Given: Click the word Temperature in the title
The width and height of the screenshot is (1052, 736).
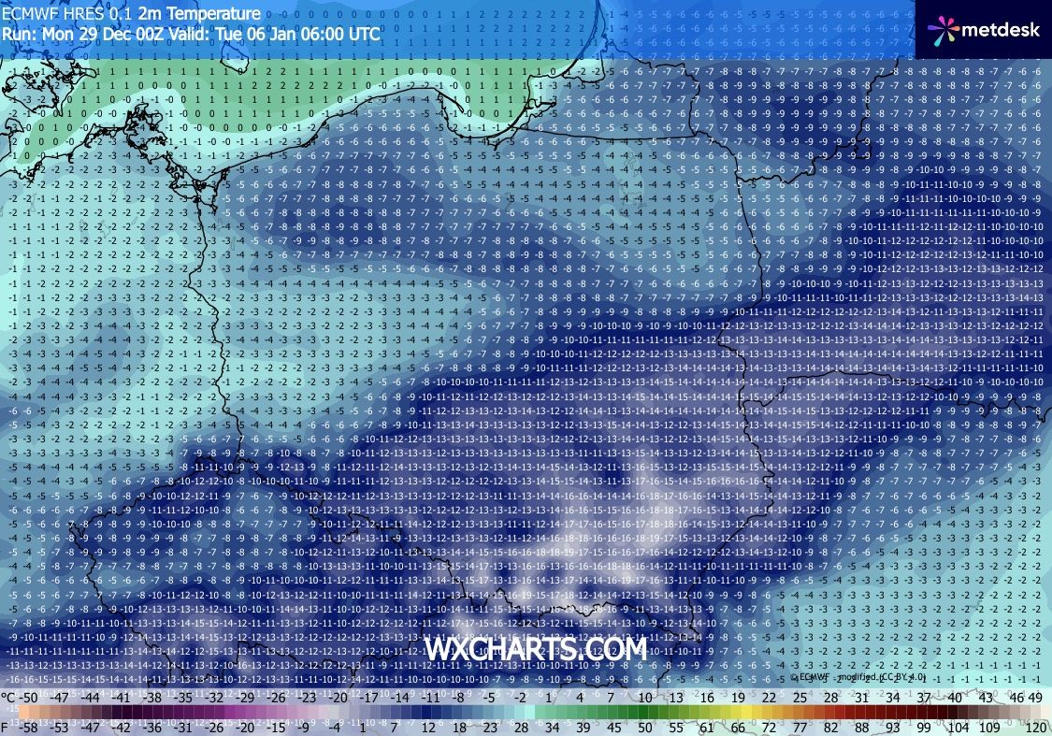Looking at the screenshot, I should pos(214,14).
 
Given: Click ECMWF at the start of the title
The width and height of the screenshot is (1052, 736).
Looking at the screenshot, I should pos(25,14).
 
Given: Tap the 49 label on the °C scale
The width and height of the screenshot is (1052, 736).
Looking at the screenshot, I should pos(1034,698).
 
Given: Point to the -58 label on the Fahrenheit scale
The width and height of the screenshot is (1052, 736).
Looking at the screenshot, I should pos(31,727).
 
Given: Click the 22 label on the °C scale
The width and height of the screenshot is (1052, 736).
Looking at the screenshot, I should pos(770,698).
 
